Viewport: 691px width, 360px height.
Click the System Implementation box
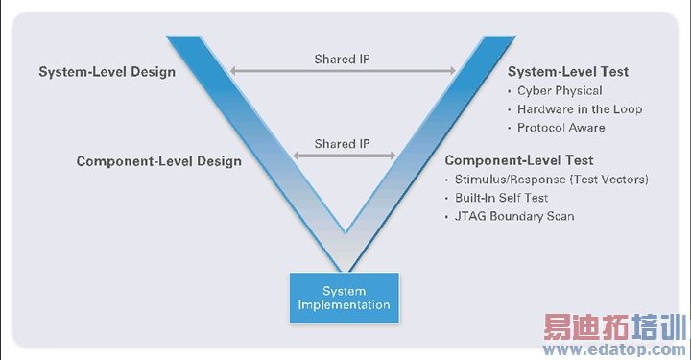343,298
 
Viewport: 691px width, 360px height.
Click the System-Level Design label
107,72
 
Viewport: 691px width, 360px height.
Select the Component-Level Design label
159,161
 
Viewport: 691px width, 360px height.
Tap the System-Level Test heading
567,72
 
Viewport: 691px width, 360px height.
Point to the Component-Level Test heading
518,160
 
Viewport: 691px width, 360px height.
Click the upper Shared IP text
342,60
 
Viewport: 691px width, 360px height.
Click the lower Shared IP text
342,144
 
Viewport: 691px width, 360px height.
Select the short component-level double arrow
343,156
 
